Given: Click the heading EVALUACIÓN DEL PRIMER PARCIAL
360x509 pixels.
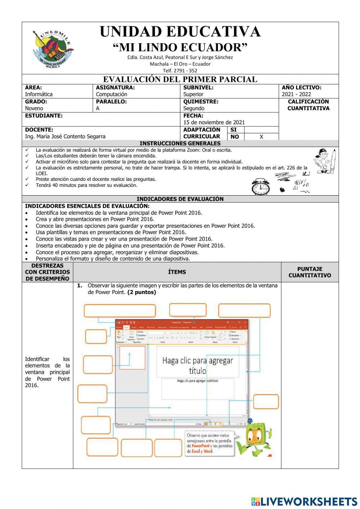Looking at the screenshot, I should click(180, 79).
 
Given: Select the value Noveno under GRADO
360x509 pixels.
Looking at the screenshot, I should click(34, 108).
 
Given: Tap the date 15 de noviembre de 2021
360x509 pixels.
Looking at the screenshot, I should click(214, 122).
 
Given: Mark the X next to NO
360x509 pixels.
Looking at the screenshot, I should click(261, 137).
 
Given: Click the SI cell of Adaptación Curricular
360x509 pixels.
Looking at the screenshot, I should click(233, 130).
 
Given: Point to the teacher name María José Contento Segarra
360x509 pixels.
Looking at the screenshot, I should click(65, 137).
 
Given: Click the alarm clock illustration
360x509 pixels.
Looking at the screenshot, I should click(260, 187).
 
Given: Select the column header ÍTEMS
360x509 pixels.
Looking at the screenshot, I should click(177, 272).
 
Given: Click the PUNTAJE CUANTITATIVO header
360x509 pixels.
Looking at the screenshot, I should click(310, 272).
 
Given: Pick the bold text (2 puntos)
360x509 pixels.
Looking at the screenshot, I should click(141, 292).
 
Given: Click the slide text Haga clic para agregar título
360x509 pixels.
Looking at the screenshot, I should click(197, 365).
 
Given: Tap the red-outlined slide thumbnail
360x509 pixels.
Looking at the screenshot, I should click(132, 357).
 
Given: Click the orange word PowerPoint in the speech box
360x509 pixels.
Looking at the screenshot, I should click(201, 446).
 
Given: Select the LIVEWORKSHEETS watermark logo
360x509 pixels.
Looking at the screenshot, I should click(304, 501).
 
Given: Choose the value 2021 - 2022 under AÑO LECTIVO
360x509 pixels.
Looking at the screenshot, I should click(296, 94).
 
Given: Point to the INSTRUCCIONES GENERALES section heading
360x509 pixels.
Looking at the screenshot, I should click(180, 143).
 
